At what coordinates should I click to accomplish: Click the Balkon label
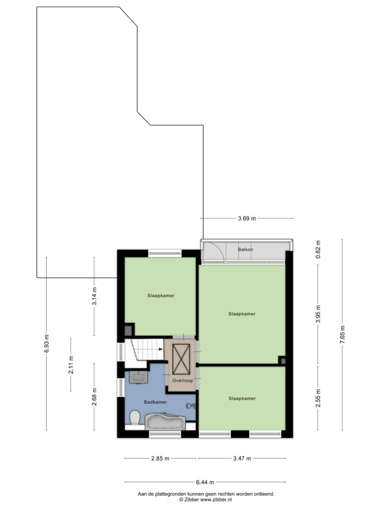coord(245,250)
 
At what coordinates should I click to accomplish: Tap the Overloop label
coord(183,381)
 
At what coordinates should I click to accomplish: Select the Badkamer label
coord(155,402)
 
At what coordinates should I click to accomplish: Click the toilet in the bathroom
coord(134,418)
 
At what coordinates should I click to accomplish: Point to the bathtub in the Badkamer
coord(165,421)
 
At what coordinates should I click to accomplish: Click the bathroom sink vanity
coord(138,377)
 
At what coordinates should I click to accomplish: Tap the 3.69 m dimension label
coord(247,218)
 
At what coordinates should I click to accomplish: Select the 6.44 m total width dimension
coord(205,482)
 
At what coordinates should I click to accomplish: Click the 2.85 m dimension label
coord(160,458)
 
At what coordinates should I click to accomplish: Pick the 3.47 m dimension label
coord(242,458)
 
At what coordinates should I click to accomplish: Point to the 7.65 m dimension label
coord(343,335)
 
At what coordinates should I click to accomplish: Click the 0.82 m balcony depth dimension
coord(318,250)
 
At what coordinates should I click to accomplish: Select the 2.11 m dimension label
coord(71,365)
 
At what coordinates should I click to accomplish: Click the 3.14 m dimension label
coord(94,297)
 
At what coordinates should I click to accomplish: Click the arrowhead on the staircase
coord(161,349)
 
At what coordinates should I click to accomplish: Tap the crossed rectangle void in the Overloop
coord(182,359)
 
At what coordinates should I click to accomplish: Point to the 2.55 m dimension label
coord(318,398)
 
